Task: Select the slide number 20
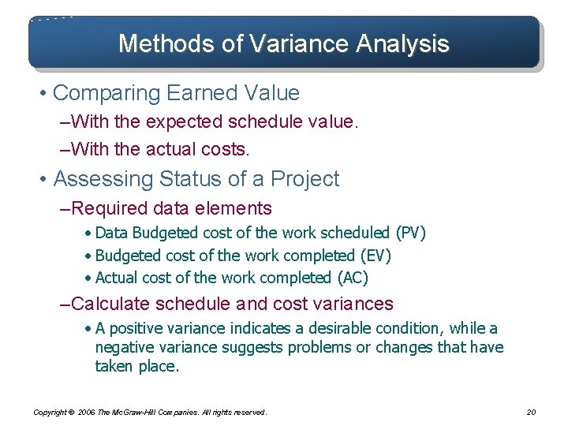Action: coord(530,412)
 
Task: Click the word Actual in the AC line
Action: coord(115,278)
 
